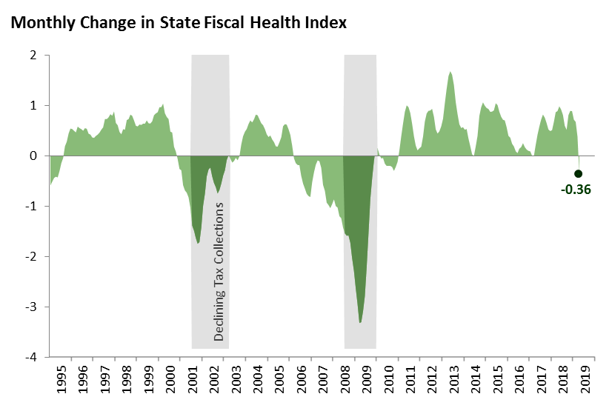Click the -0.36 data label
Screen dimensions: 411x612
pyautogui.click(x=576, y=189)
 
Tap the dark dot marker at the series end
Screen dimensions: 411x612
pyautogui.click(x=579, y=173)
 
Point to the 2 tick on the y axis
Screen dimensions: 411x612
pyautogui.click(x=33, y=56)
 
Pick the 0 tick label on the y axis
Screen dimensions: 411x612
pyautogui.click(x=33, y=156)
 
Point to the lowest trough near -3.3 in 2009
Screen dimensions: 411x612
pyautogui.click(x=360, y=322)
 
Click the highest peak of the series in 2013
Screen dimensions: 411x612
pyautogui.click(x=450, y=72)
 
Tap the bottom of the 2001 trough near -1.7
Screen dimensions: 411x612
pyautogui.click(x=198, y=243)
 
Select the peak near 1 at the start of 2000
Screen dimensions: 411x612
pyautogui.click(x=163, y=105)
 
